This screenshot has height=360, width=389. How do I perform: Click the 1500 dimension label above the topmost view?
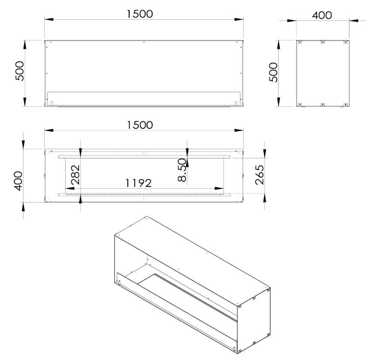[140, 14]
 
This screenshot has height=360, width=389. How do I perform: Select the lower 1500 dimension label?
[140, 125]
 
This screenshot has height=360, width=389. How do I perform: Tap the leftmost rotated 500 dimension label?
[20, 71]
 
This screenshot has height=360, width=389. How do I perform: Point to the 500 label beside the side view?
[274, 72]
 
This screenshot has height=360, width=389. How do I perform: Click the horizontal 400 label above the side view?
[322, 15]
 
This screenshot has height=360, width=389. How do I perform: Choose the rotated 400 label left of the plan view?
[18, 181]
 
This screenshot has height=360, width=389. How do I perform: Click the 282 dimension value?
[75, 175]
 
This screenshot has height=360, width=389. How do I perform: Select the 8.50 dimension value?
[182, 170]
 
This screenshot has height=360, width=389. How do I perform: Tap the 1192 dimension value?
[138, 183]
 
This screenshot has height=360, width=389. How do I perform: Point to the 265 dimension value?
[259, 175]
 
